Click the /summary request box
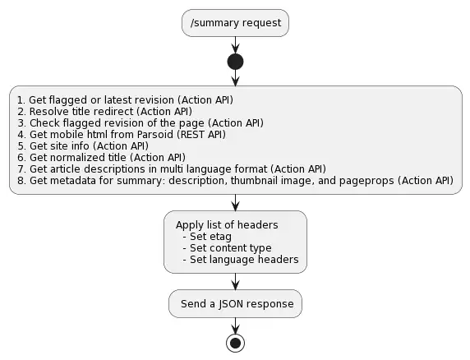pos(235,23)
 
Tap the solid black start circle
pos(235,62)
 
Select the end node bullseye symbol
pos(235,344)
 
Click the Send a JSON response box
pos(235,303)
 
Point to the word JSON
pos(231,304)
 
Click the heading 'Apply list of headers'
pos(227,225)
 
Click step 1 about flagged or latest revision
pos(125,100)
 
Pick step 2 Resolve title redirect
pos(104,112)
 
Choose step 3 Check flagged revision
pos(141,123)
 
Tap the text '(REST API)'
pos(201,135)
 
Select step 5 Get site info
pos(83,146)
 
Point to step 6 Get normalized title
pos(102,158)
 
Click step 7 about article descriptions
pos(172,169)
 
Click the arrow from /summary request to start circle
pos(235,45)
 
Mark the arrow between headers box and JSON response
pos(235,281)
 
